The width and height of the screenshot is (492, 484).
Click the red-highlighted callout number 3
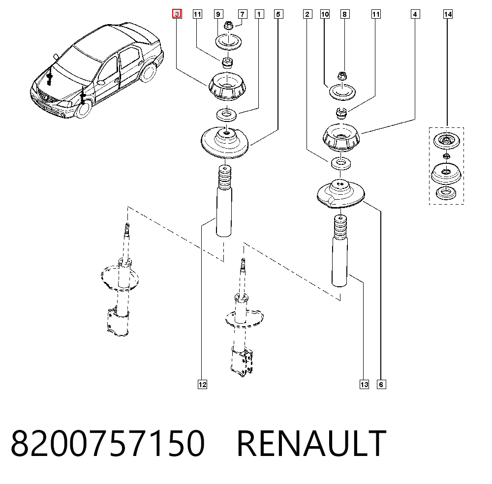[x=177, y=14]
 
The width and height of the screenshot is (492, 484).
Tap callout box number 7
[x=242, y=14]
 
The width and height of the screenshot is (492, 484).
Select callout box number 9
[x=218, y=14]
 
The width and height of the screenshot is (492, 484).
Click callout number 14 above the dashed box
[x=448, y=14]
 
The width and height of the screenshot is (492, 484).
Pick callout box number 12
[x=202, y=385]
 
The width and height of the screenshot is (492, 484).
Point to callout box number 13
[x=364, y=385]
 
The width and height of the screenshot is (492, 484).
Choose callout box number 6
[x=381, y=385]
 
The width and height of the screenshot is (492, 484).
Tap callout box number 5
[x=278, y=14]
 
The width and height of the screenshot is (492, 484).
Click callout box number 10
[x=325, y=14]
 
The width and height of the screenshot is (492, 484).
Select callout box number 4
[x=415, y=14]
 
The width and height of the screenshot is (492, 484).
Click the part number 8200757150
[x=108, y=443]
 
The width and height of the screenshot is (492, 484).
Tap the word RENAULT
[x=311, y=443]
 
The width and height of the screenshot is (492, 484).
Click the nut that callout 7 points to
[x=229, y=26]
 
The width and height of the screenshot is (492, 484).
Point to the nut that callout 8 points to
[x=342, y=76]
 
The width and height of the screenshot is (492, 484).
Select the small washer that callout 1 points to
[x=226, y=115]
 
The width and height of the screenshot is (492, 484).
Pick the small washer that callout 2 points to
[x=341, y=163]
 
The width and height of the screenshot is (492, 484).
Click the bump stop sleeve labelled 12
[x=224, y=201]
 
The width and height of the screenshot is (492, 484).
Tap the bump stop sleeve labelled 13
[x=340, y=250]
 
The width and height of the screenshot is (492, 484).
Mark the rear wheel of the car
[x=149, y=73]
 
